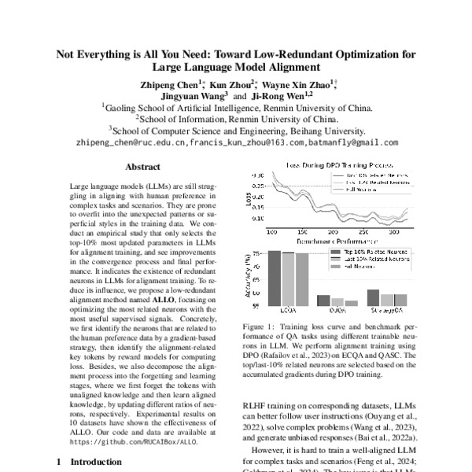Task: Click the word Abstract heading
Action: tap(142, 167)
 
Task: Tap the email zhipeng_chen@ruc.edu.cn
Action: tap(142, 143)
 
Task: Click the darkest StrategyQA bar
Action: tap(373, 297)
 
